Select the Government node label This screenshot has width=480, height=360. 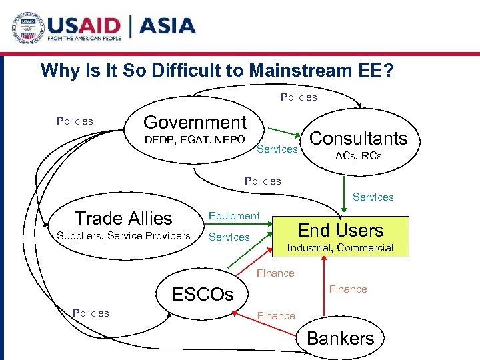[195, 122]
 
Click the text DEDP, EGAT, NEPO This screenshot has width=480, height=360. [195, 139]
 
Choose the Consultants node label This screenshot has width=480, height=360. [359, 138]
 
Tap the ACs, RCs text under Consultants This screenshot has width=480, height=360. [359, 155]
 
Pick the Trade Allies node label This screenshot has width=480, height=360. [123, 218]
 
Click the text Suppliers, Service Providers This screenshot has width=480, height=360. [123, 235]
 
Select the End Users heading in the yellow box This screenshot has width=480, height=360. [340, 230]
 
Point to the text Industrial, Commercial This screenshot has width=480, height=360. [340, 248]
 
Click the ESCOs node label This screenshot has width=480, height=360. [203, 294]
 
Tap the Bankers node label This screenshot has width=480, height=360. [340, 338]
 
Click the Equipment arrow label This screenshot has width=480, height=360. [234, 215]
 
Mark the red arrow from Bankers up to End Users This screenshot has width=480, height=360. [323, 290]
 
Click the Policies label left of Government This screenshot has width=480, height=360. [75, 121]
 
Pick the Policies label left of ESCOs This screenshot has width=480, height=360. [91, 313]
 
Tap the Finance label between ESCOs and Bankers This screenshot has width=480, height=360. [276, 315]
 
